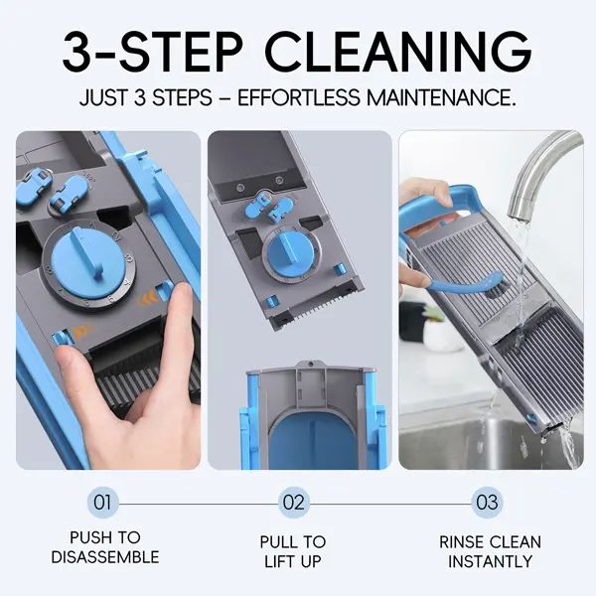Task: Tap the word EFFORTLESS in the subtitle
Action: click(x=298, y=97)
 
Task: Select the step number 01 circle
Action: click(x=102, y=503)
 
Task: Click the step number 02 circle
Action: click(x=294, y=503)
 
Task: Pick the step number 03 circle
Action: click(x=487, y=503)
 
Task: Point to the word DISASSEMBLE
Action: click(x=105, y=557)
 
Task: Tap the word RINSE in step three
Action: click(x=461, y=542)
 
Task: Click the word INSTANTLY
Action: click(x=490, y=561)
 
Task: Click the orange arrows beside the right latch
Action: click(x=148, y=300)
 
